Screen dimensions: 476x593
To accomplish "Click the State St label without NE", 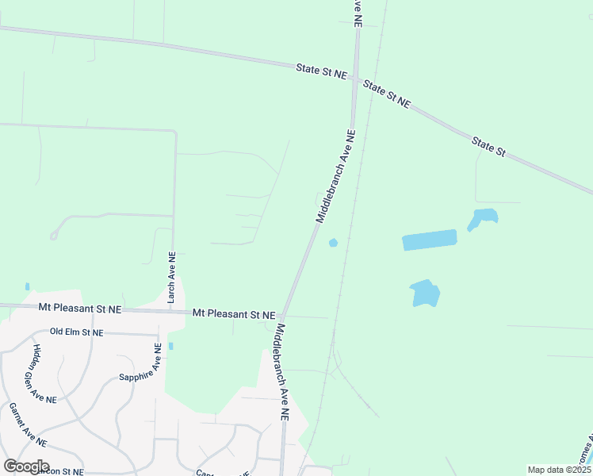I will point(488,146).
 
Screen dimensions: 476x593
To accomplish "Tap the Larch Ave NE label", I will point(170,278).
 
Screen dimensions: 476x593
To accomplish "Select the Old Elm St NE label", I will point(76,332).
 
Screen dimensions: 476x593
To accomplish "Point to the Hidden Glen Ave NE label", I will point(44,374).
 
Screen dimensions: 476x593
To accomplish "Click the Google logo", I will point(26,466).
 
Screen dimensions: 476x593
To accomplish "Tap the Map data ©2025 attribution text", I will point(559,470).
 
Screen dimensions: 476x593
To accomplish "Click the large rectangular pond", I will point(430,240).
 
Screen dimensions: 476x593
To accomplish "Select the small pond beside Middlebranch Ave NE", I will point(333,242).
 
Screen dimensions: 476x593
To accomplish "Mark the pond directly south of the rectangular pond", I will point(425,294).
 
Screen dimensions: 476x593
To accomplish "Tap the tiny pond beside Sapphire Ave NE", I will point(170,346).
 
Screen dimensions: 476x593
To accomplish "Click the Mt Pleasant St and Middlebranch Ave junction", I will point(283,316).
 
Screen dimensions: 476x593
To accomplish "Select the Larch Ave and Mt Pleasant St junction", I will point(173,310).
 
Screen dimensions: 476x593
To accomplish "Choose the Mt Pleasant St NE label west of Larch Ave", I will point(80,307).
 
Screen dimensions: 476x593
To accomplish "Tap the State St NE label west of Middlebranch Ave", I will point(322,71).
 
